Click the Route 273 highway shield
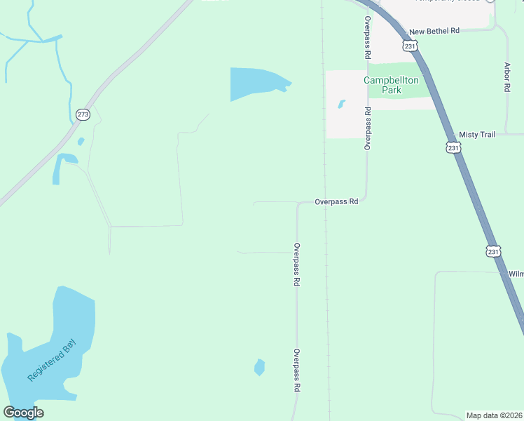[x=83, y=114]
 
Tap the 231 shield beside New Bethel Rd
[x=411, y=45]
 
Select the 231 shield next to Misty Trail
[x=453, y=147]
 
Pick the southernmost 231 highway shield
[x=494, y=251]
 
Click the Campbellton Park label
[x=391, y=85]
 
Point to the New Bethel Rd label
[x=434, y=32]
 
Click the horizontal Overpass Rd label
[x=336, y=201]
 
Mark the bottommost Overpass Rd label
[x=297, y=370]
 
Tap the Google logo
[x=23, y=413]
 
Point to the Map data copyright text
[x=495, y=415]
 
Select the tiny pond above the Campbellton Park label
[x=341, y=104]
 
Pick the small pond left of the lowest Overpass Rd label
[x=260, y=367]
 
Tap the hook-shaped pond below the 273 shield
[x=61, y=166]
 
